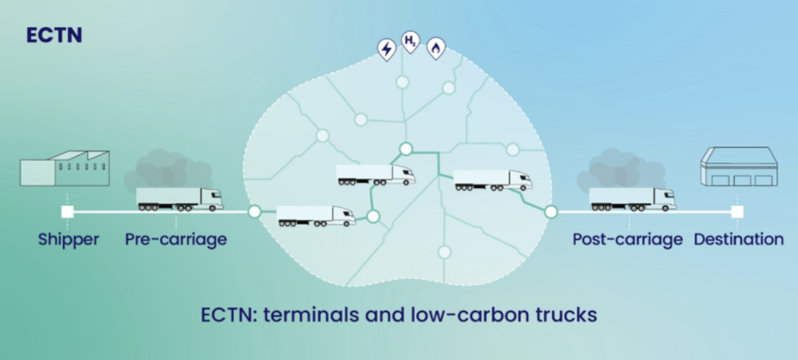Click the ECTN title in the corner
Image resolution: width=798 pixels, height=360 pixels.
(54, 36)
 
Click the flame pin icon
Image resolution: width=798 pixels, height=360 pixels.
(436, 48)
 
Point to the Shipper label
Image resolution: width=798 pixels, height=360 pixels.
(69, 239)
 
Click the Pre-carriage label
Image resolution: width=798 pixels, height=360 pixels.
(176, 239)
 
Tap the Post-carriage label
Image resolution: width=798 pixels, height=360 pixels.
(627, 239)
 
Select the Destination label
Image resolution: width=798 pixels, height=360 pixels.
(738, 239)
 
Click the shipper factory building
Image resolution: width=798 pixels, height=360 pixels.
(64, 168)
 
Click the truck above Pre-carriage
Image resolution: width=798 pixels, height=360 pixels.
(179, 199)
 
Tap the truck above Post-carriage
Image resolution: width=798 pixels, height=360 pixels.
(632, 199)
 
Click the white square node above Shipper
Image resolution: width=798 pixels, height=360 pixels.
(67, 212)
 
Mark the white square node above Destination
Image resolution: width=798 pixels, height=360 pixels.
(738, 212)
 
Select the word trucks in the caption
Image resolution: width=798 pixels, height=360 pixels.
(564, 314)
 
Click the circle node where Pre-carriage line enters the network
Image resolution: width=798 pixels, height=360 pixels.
(255, 212)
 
